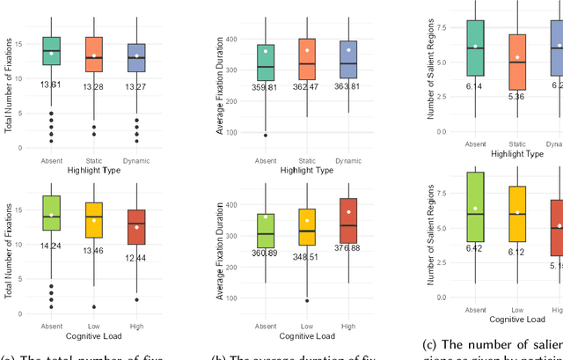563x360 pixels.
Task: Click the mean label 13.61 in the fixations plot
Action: pyautogui.click(x=52, y=84)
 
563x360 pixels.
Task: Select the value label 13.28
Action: pyautogui.click(x=94, y=87)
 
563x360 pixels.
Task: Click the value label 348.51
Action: pyautogui.click(x=305, y=257)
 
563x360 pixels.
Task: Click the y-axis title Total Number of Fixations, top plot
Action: pyautogui.click(x=8, y=76)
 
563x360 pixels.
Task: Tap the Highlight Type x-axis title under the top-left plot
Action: pyautogui.click(x=94, y=170)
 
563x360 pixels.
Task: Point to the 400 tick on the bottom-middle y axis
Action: pyautogui.click(x=231, y=205)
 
